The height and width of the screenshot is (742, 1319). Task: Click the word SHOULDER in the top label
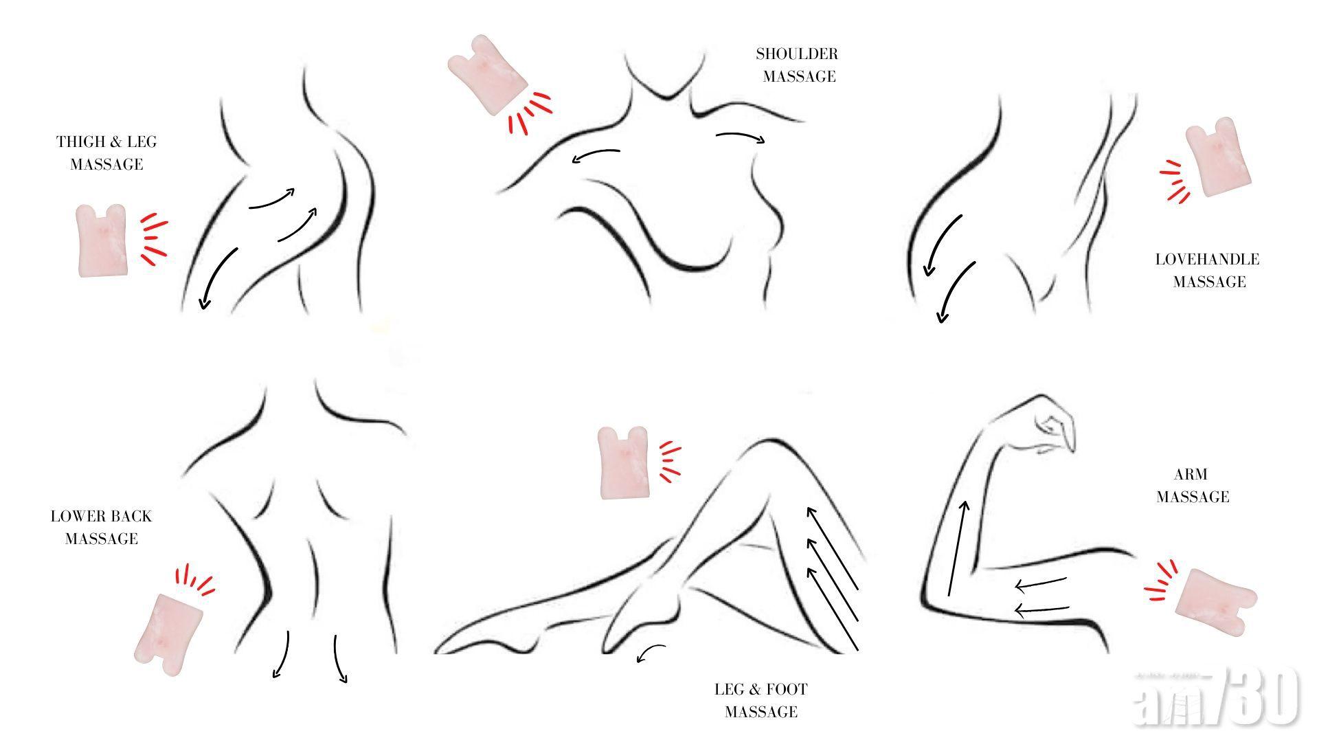point(797,54)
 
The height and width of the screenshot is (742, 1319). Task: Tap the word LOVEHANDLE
point(1207,260)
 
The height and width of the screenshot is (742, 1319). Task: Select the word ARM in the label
point(1191,475)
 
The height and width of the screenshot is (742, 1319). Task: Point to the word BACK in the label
point(129,517)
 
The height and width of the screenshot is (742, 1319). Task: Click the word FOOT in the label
point(784,689)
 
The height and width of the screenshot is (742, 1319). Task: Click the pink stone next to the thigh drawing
point(102,240)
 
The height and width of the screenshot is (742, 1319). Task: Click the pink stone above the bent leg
point(624,462)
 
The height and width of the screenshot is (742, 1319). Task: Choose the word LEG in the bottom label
point(726,689)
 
